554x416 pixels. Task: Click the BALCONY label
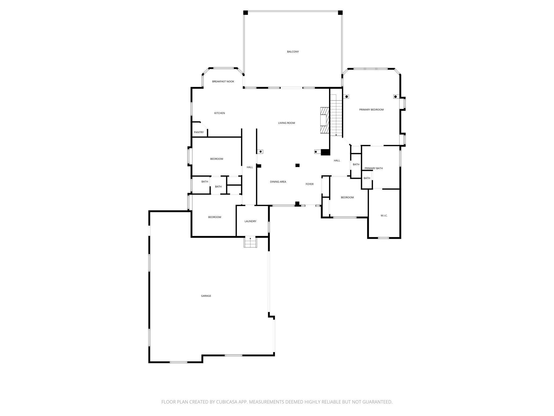[x=293, y=52]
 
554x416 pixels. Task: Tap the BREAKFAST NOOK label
[x=223, y=82]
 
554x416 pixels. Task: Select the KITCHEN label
[x=220, y=113]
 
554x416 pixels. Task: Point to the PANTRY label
[x=199, y=132]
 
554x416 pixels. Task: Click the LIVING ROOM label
[x=286, y=123]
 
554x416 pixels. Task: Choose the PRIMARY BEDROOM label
[x=371, y=110]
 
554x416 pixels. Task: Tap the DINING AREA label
[x=278, y=182]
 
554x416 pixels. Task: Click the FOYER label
[x=309, y=184]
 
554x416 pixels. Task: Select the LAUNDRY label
[x=250, y=221]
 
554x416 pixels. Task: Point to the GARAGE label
[x=206, y=296]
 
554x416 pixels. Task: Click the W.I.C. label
[x=384, y=216]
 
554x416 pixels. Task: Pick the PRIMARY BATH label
[x=374, y=168]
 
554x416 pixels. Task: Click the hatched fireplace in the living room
[x=324, y=120]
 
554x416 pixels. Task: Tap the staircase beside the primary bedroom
[x=336, y=115]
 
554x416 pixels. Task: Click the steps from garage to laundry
[x=250, y=242]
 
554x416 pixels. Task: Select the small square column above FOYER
[x=298, y=165]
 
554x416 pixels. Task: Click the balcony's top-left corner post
[x=246, y=13]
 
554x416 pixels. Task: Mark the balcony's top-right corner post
[x=340, y=13]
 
